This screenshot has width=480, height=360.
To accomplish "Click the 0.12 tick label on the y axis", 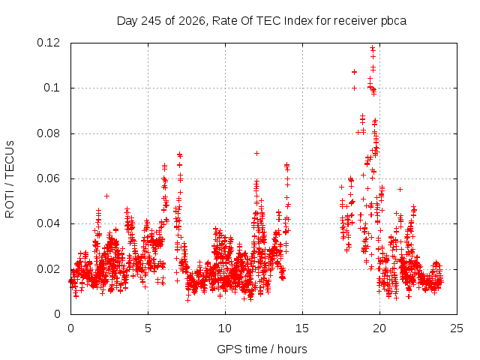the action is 48,43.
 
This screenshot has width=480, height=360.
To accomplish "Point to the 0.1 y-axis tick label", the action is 52,88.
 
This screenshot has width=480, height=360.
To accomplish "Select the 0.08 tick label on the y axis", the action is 48,133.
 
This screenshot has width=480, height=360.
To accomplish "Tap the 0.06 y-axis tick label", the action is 48,178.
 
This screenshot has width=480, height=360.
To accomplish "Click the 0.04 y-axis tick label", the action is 48,223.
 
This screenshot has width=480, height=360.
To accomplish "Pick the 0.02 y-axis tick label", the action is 48,269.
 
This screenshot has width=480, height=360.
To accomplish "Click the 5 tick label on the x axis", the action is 148,328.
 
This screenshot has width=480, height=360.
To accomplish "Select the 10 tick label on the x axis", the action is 225,328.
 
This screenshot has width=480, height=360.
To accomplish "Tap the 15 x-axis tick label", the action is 302,328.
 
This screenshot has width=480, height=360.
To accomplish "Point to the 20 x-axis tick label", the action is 379,328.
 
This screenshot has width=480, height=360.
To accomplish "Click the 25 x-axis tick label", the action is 457,328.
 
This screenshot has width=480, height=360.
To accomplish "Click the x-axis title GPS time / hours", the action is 262,349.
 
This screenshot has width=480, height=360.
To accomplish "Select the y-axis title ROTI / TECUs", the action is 10,179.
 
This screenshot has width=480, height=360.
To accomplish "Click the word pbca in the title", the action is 394,21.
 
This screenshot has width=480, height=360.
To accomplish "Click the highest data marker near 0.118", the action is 372,48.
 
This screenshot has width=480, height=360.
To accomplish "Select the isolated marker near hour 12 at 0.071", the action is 256,153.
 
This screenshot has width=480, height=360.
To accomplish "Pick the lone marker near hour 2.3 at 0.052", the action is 106,196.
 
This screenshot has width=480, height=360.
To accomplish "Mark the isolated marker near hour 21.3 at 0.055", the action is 400,190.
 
